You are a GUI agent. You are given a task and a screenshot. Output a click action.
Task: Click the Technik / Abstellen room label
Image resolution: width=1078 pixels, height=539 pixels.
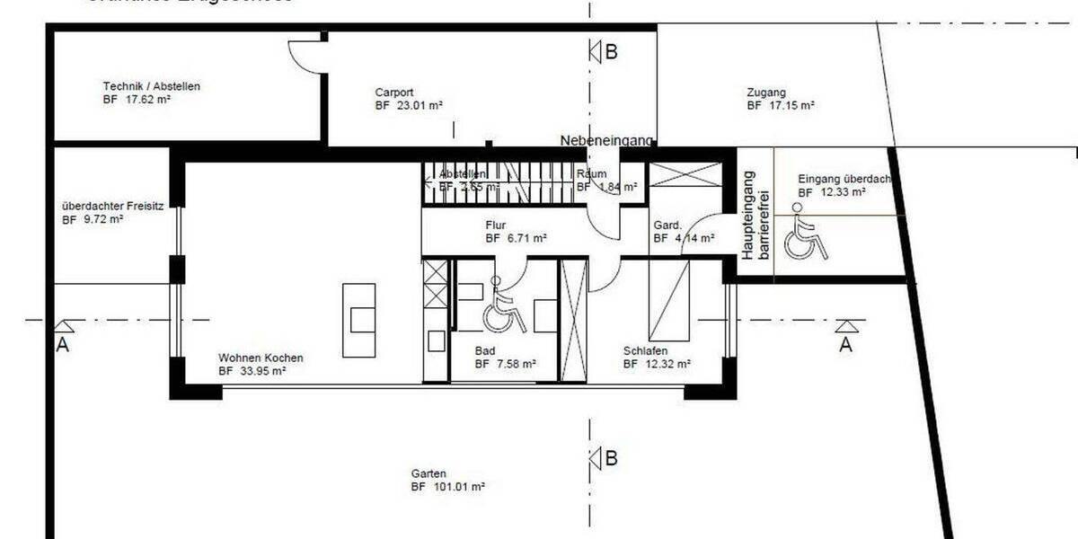[x=151, y=87]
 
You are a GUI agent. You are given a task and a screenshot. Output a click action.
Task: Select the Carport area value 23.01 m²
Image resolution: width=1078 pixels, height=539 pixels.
[x=409, y=105]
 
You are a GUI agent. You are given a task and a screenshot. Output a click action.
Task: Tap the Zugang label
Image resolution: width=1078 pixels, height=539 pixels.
[x=765, y=92]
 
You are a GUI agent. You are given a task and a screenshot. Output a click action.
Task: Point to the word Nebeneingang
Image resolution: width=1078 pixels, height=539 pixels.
[x=606, y=140]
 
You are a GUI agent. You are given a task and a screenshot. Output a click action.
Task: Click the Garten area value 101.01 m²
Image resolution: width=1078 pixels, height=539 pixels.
[x=448, y=486]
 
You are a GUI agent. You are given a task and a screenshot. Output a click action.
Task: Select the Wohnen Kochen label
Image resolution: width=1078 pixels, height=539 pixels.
[x=260, y=356]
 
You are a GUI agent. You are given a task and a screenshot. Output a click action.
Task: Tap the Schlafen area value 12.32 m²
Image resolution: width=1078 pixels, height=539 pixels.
[x=657, y=364]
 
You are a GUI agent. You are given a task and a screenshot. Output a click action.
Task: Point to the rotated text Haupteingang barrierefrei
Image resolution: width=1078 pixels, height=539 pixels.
[x=755, y=216]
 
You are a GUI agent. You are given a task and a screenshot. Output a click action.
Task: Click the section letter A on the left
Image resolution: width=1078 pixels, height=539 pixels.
[x=62, y=345]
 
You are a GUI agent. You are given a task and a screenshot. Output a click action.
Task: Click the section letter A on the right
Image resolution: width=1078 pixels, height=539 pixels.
[x=845, y=344]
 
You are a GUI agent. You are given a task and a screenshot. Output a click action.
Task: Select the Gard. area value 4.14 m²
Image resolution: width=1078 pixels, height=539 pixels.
[x=684, y=239]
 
